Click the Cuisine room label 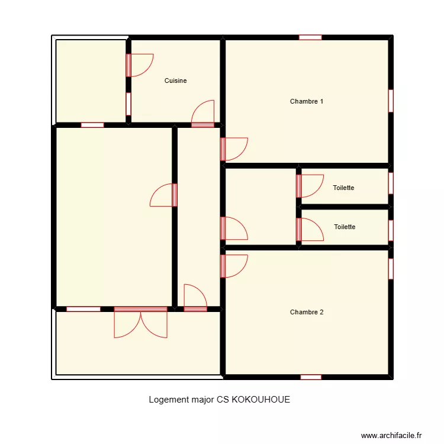[x=175, y=81]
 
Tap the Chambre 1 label [x=306, y=101]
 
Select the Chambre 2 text [x=306, y=312]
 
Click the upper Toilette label [x=343, y=188]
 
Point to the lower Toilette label [x=345, y=227]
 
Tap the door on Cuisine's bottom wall [x=203, y=114]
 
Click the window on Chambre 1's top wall [x=310, y=37]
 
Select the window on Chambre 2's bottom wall [x=311, y=377]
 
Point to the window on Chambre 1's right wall [x=391, y=101]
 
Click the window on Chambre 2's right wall [x=391, y=268]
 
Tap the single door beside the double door [x=195, y=298]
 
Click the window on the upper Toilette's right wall [x=391, y=183]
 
